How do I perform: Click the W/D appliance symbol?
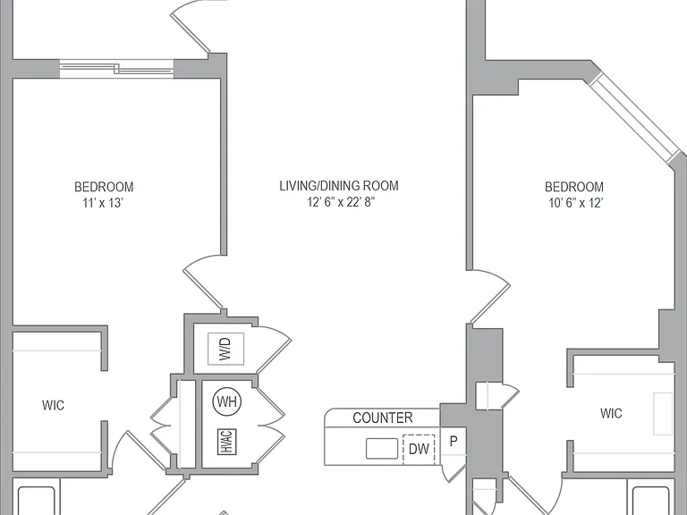point(225,349)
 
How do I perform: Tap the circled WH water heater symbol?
point(227,401)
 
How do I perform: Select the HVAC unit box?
point(226,442)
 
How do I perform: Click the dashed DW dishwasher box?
point(419,450)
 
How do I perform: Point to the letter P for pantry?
point(454,442)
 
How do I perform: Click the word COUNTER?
point(383,418)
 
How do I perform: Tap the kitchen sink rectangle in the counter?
point(382,449)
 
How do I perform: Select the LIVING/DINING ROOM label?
point(339,186)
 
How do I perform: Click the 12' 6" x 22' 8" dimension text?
point(342,202)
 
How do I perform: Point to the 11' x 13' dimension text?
point(103,203)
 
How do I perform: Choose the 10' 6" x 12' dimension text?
point(576,203)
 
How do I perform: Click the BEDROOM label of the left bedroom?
point(104,187)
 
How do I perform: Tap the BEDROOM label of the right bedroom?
point(574,187)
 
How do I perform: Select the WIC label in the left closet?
point(53,405)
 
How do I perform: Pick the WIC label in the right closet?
point(611,413)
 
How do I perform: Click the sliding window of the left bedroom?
point(116,69)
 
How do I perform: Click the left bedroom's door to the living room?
point(202,284)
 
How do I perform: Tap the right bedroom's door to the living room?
point(489,297)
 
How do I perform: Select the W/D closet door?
point(273,349)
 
